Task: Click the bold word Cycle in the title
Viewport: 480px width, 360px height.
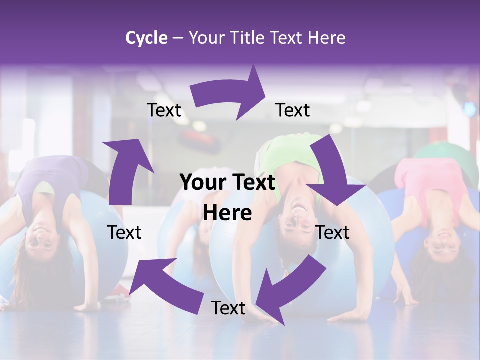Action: [146, 38]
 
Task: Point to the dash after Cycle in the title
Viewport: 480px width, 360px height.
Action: [177, 38]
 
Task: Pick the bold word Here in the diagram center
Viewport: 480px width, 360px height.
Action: [227, 213]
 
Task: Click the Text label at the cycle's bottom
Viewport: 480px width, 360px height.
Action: [228, 308]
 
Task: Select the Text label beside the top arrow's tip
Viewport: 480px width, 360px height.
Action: [293, 110]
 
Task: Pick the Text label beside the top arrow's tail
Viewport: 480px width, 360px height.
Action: [164, 110]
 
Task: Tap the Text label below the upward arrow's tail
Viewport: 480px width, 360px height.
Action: [124, 232]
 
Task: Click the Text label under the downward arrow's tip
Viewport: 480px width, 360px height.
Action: [332, 232]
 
